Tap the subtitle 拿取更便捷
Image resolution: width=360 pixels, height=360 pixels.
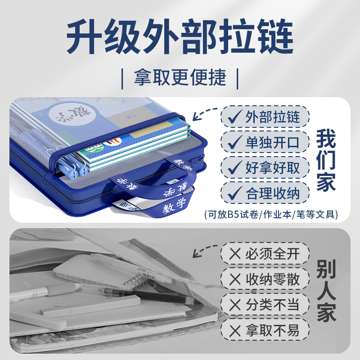click(x=180, y=78)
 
